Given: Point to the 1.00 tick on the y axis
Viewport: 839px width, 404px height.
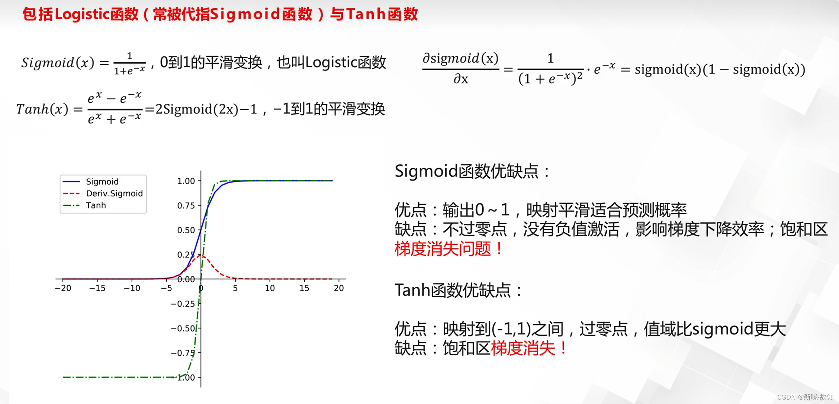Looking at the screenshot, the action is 186,181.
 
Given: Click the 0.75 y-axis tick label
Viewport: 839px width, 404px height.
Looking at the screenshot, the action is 186,205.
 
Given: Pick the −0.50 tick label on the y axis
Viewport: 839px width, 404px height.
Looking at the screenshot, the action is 183,328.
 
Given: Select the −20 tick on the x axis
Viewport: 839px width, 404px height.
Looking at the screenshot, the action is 63,288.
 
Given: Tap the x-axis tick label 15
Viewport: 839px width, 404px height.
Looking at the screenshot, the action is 304,288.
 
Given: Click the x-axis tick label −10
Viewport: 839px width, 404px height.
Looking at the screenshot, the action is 132,288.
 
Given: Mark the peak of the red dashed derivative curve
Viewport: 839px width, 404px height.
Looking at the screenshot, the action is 201,255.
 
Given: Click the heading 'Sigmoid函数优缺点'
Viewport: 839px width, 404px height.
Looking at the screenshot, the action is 466,171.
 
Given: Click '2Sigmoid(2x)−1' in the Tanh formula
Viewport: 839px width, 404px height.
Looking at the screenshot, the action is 206,109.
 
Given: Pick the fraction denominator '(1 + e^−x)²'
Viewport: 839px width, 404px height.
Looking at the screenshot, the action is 550,78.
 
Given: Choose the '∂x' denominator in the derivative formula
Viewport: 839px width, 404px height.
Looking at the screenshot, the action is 461,79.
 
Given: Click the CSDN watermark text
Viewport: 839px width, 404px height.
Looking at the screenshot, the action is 805,397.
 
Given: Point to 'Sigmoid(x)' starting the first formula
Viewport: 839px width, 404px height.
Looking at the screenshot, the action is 58,62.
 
